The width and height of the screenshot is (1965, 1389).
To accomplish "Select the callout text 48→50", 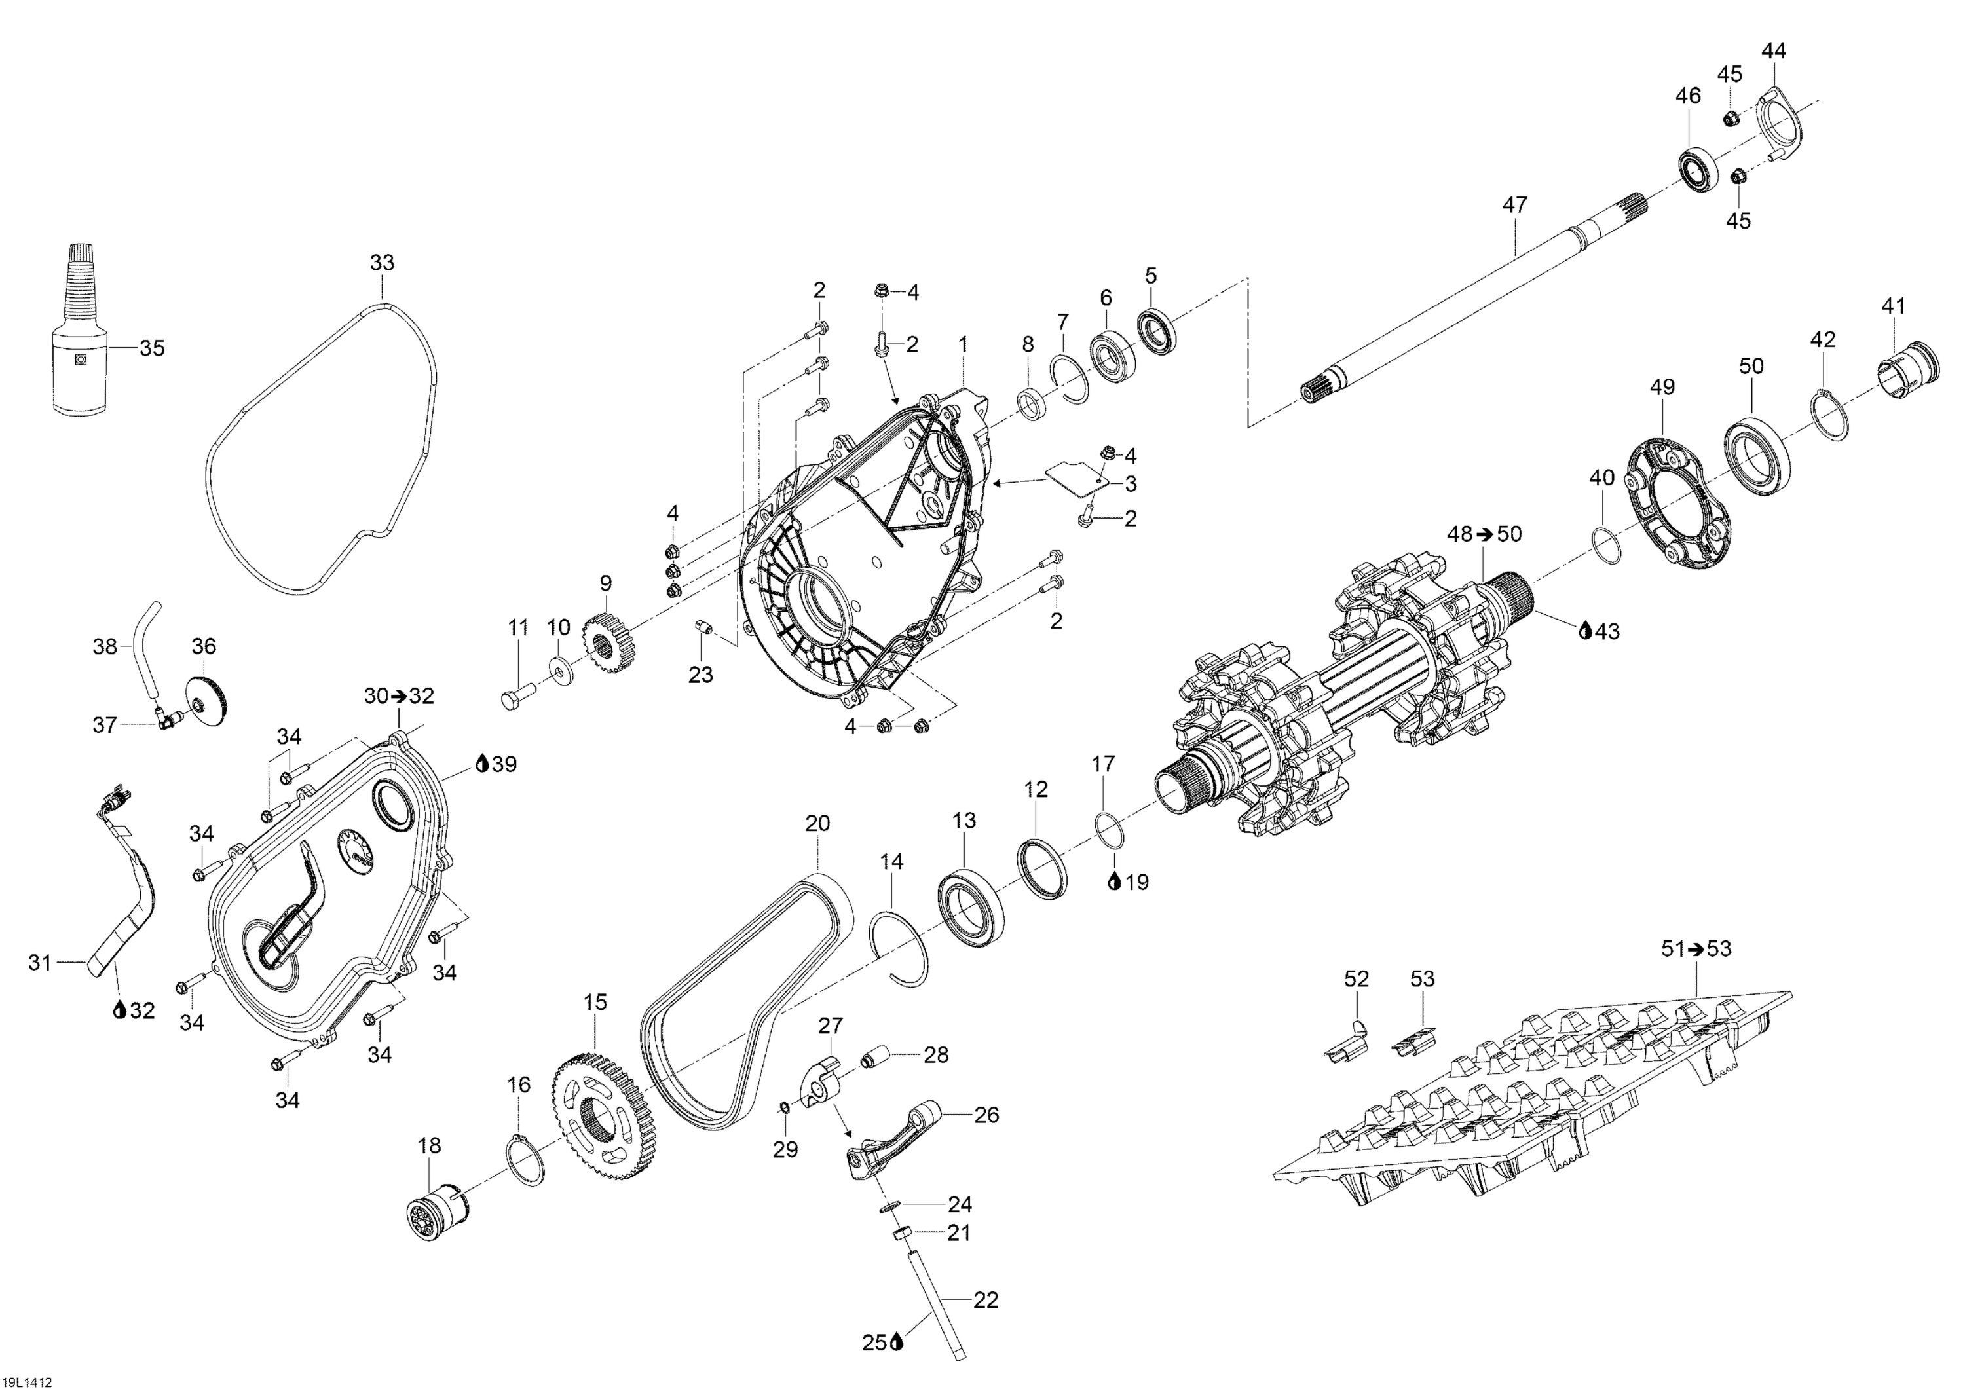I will coord(1484,534).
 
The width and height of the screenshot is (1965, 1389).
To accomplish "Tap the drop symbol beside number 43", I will coord(1585,631).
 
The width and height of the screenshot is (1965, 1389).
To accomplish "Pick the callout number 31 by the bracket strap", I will coord(40,963).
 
